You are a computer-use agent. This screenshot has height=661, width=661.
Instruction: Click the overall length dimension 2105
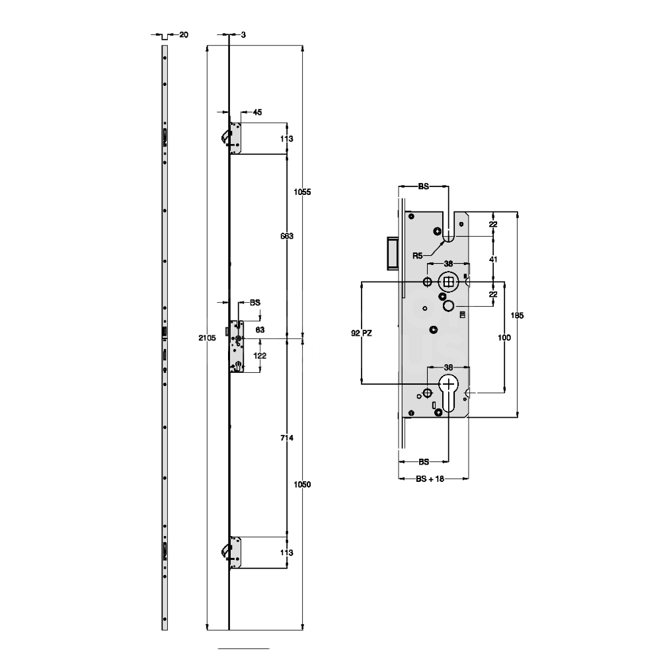pyautogui.click(x=208, y=338)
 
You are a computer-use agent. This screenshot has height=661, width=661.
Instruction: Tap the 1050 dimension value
pyautogui.click(x=302, y=485)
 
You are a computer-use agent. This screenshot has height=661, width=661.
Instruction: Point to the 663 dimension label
pyautogui.click(x=286, y=236)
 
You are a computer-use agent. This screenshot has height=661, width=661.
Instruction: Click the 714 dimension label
pyautogui.click(x=286, y=438)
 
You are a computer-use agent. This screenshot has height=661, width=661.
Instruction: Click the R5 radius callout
pyautogui.click(x=417, y=255)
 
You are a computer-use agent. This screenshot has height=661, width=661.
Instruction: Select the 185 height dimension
pyautogui.click(x=518, y=316)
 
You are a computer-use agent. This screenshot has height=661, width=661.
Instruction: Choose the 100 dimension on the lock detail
pyautogui.click(x=504, y=338)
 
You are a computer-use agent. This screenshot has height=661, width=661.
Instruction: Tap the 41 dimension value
pyautogui.click(x=492, y=260)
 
